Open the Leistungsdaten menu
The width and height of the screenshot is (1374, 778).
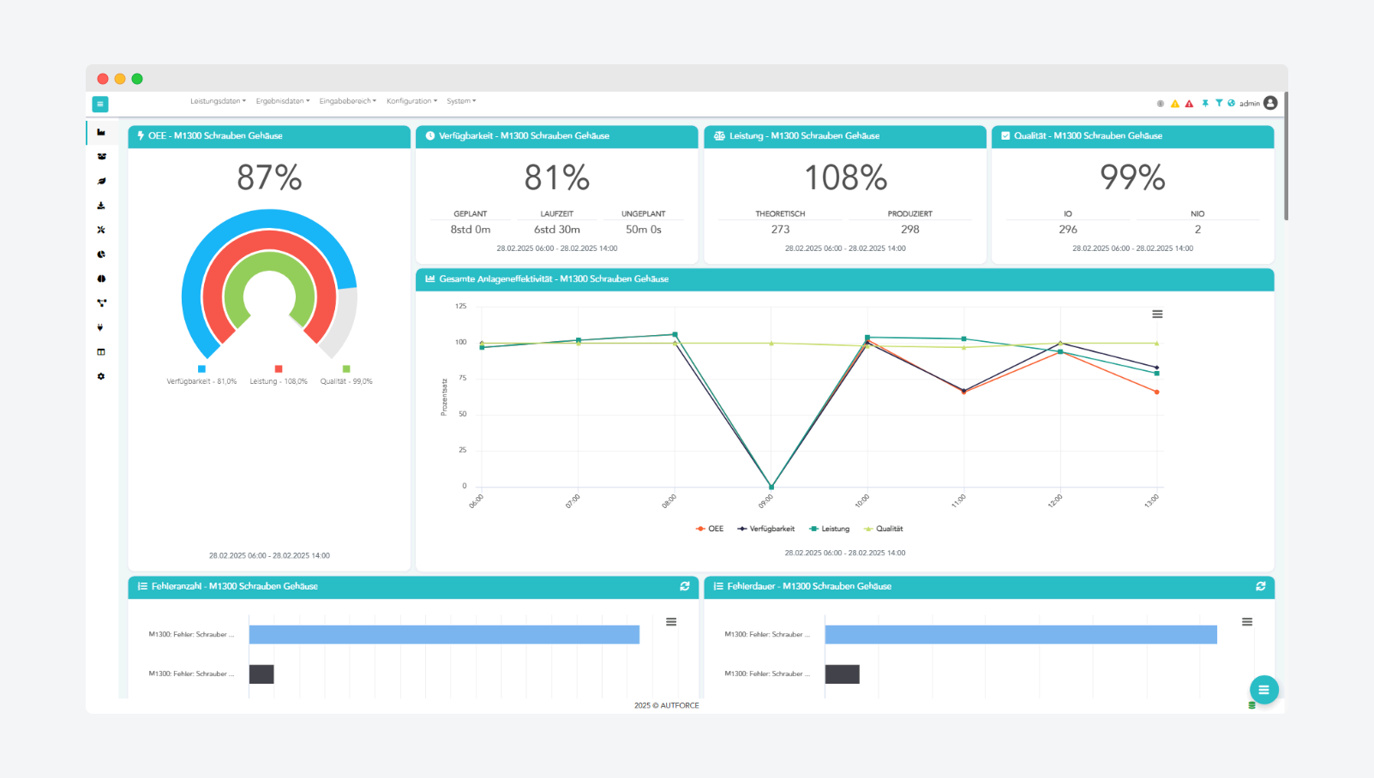click(217, 101)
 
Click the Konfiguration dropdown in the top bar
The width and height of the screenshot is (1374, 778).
click(411, 101)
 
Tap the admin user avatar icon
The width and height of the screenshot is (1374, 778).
click(1270, 103)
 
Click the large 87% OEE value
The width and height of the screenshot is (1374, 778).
click(269, 178)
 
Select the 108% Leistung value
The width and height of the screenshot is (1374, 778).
click(845, 178)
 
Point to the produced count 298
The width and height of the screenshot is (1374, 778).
click(909, 230)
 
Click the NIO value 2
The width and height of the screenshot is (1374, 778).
click(1197, 230)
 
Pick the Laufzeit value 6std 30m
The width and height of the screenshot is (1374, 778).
click(557, 230)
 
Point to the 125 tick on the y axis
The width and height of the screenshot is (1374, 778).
click(461, 306)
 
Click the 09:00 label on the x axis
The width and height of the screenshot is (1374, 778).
click(766, 501)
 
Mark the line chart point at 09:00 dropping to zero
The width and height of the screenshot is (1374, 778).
click(771, 487)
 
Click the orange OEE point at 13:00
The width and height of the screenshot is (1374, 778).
click(1157, 392)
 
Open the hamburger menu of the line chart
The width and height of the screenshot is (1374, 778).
click(1157, 314)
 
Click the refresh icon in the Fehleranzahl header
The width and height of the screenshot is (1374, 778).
click(685, 586)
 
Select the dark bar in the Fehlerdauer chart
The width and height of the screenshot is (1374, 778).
click(842, 674)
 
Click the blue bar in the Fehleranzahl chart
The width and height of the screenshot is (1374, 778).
click(444, 634)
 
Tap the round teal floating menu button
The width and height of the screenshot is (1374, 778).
click(1263, 690)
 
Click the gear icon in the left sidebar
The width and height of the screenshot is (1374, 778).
click(101, 377)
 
